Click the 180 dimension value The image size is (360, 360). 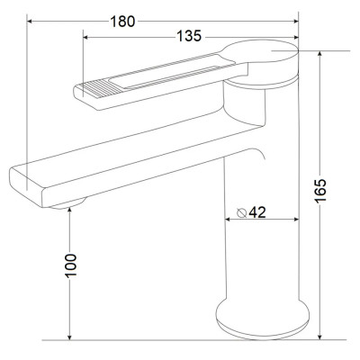click(122, 22)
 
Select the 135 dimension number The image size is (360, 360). click(189, 37)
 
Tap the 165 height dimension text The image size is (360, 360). click(320, 191)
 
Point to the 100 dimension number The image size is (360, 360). click(71, 265)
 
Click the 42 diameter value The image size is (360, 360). click(257, 212)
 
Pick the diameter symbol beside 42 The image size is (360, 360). click(241, 212)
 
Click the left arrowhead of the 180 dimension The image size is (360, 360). click(30, 22)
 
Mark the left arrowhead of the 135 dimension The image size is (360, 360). click(85, 37)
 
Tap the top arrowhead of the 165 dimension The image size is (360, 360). click(319, 54)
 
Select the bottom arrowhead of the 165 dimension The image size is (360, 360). click(319, 337)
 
